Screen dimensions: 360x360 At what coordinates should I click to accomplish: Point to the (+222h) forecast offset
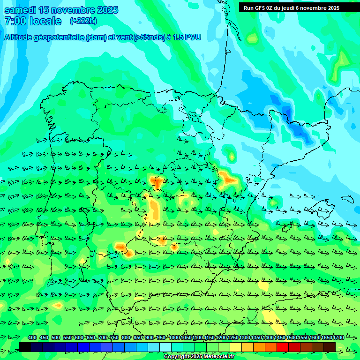(83, 21)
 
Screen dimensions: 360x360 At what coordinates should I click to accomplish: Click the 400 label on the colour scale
(32, 337)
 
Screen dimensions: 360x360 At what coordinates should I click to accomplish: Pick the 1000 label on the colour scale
(174, 337)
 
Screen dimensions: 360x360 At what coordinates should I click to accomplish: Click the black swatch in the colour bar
(25, 347)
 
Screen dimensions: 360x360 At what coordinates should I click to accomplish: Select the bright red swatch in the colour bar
(283, 347)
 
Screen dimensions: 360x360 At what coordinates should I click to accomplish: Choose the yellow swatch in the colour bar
(236, 347)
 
